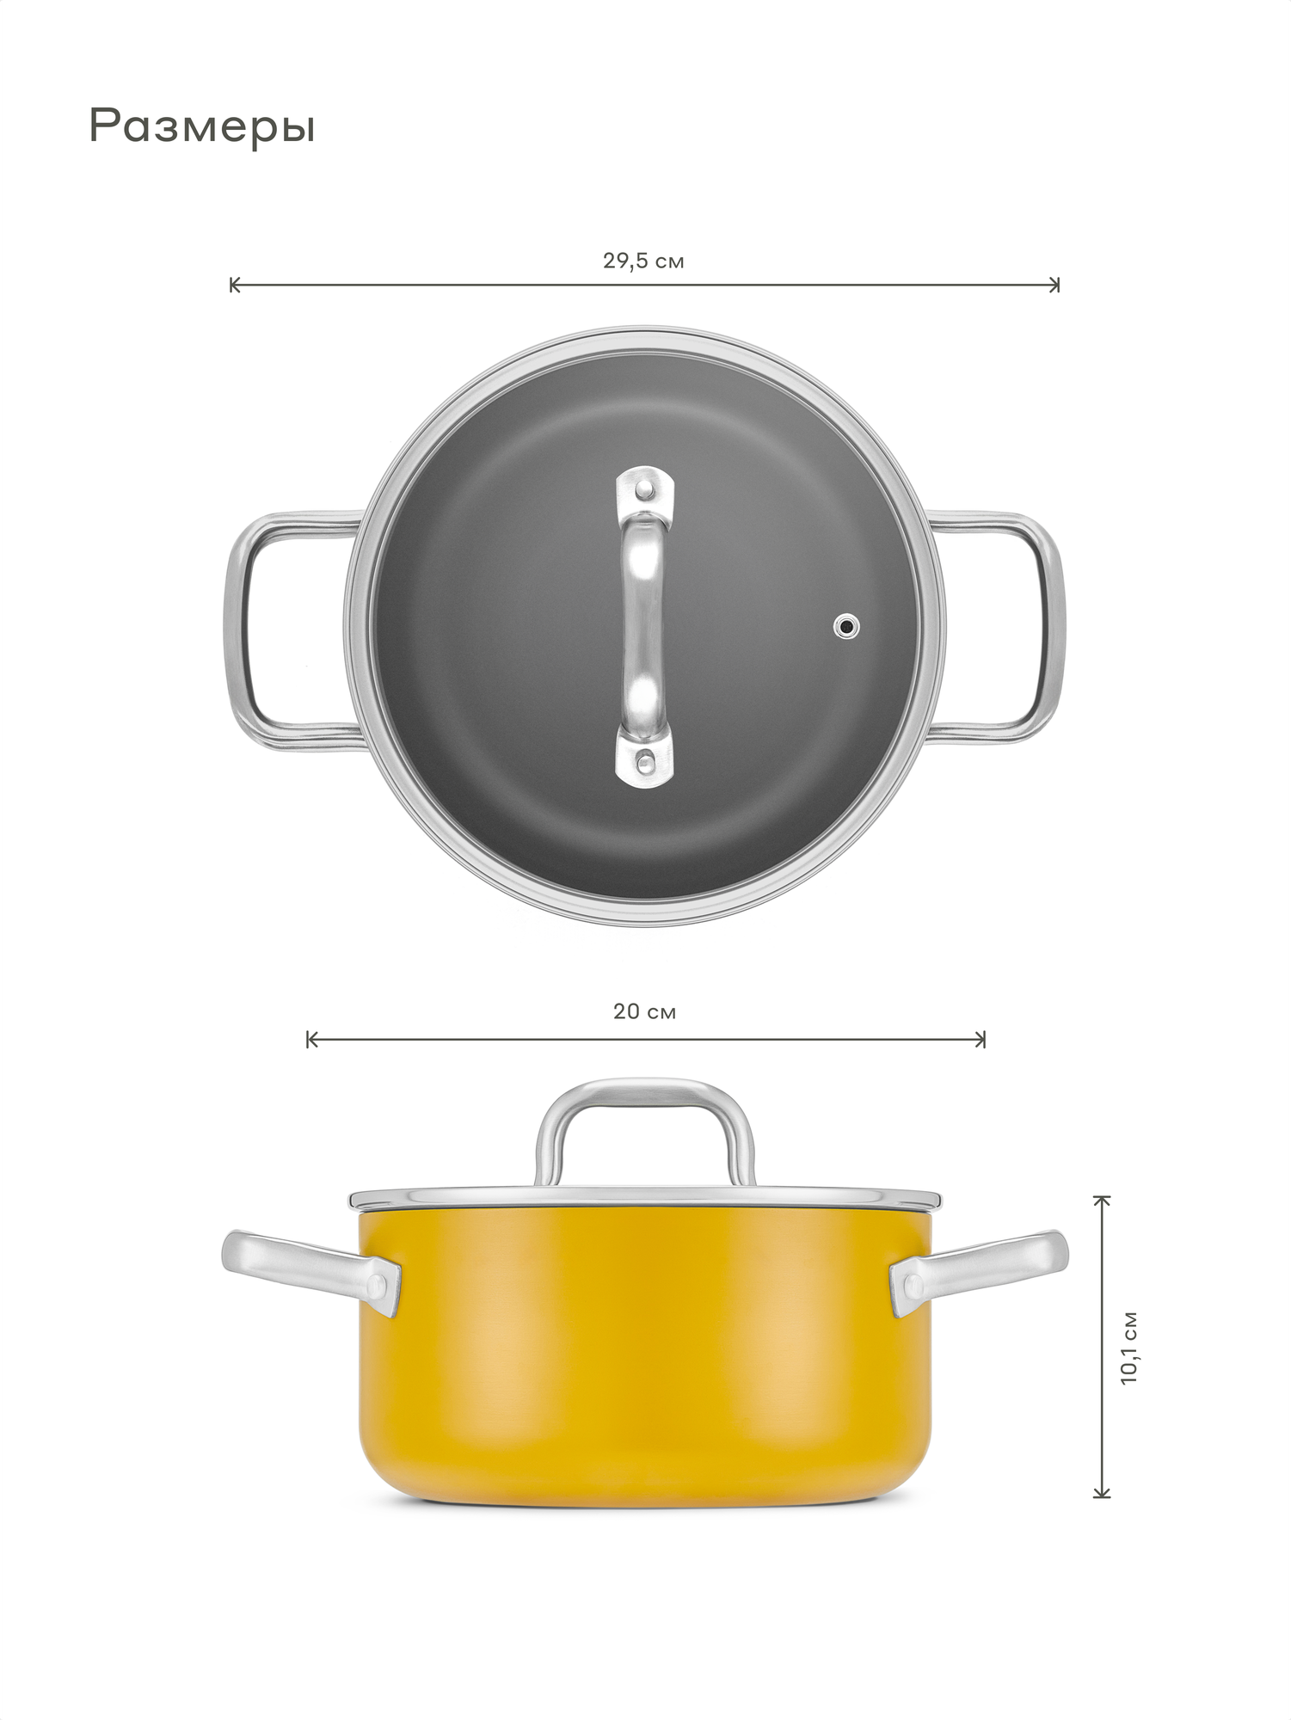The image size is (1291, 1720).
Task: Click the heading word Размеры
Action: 202,127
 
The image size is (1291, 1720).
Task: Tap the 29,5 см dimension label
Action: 643,261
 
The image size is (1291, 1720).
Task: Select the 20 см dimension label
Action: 645,1011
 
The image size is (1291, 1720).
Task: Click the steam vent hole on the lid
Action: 847,627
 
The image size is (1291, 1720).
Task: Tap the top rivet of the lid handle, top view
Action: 644,489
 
